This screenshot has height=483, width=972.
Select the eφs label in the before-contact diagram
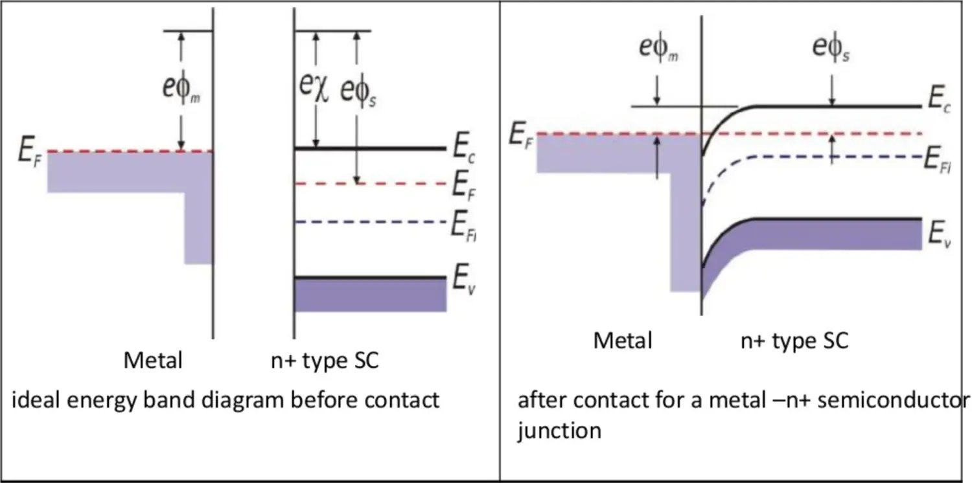click(x=355, y=92)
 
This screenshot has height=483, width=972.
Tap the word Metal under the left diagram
click(x=153, y=361)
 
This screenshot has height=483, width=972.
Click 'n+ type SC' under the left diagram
click(x=325, y=361)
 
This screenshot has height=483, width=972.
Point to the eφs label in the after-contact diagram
click(x=831, y=49)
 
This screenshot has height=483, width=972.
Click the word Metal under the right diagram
click(x=623, y=341)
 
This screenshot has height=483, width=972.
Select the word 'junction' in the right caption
click(x=559, y=431)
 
